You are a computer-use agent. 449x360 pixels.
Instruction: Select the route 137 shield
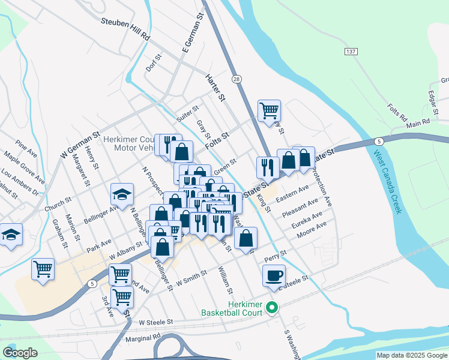351,52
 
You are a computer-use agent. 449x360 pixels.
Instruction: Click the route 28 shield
238,79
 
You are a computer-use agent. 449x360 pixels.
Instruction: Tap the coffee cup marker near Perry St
274,275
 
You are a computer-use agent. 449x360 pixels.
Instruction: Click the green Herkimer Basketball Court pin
272,309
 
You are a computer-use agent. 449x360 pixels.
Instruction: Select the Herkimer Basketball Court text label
232,309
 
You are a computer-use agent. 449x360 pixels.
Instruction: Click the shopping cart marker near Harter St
270,110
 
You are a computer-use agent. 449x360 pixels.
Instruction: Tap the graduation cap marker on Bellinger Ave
122,195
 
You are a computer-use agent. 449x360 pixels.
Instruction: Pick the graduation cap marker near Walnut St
10,235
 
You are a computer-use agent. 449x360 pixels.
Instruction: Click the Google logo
20,353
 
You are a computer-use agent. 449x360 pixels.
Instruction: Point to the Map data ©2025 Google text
412,355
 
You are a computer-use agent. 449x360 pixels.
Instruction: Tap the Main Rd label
418,121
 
